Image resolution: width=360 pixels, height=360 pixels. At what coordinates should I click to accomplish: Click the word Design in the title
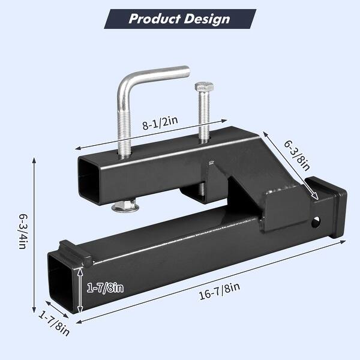pos(205,19)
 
